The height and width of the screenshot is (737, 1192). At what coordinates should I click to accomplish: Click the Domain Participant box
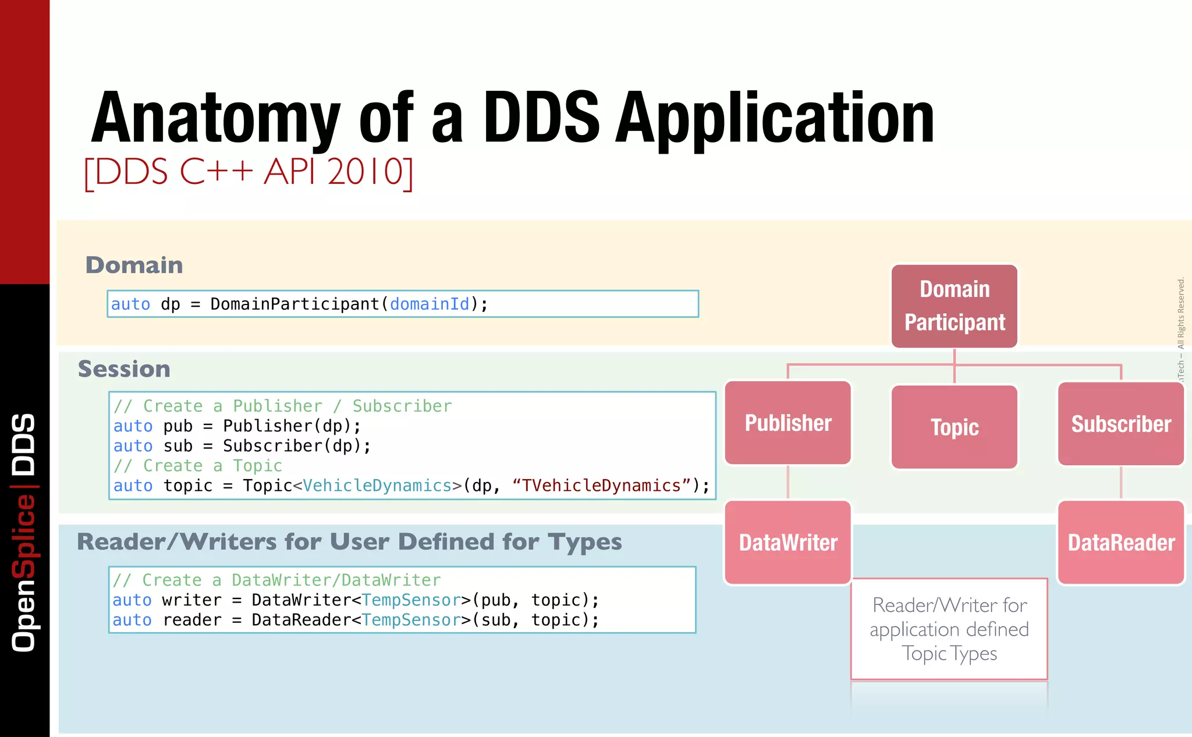tap(955, 306)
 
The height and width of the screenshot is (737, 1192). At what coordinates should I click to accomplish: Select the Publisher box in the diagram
tap(788, 423)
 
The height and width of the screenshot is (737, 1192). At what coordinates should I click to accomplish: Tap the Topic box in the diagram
tap(955, 427)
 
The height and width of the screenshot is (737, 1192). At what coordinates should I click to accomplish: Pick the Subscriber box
tap(1121, 424)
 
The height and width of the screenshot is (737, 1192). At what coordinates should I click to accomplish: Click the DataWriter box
tap(788, 543)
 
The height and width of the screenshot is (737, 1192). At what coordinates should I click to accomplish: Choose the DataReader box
tap(1121, 543)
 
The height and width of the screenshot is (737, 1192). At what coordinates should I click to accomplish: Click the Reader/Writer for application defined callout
tap(949, 629)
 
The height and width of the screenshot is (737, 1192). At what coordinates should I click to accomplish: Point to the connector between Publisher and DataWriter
tap(788, 483)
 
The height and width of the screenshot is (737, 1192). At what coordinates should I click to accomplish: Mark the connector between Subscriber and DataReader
tap(1121, 483)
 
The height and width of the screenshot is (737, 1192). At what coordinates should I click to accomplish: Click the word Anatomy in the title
tap(215, 119)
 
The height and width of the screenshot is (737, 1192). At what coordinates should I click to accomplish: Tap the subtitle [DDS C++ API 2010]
tap(249, 172)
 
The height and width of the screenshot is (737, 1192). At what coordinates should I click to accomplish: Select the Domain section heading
tap(134, 265)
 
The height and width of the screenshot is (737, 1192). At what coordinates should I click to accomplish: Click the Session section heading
tap(124, 369)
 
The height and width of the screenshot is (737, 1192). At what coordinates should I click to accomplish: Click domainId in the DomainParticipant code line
tap(429, 304)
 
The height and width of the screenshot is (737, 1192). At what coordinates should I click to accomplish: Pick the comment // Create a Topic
tap(198, 466)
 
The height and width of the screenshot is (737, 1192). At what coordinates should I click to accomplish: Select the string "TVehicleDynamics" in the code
tap(601, 486)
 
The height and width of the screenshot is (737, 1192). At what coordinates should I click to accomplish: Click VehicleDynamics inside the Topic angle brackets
tap(377, 486)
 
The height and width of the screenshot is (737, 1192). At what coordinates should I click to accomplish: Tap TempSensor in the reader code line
tap(411, 620)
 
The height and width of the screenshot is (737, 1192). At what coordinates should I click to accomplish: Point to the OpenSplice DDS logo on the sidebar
tap(24, 533)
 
